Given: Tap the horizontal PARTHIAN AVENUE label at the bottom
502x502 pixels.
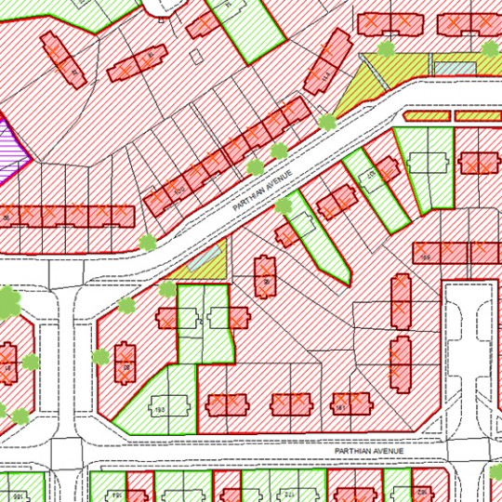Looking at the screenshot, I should coord(370,451).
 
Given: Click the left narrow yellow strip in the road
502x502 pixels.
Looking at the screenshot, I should coord(428,117).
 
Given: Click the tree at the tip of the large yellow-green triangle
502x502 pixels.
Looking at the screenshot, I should coord(326,121).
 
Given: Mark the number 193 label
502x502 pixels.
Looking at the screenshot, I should coord(159,409).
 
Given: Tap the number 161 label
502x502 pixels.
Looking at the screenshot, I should coord(340,407).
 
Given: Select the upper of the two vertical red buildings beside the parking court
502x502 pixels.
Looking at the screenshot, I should coord(401,300).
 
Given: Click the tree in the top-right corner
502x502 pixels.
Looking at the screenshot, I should coord(490,48).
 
